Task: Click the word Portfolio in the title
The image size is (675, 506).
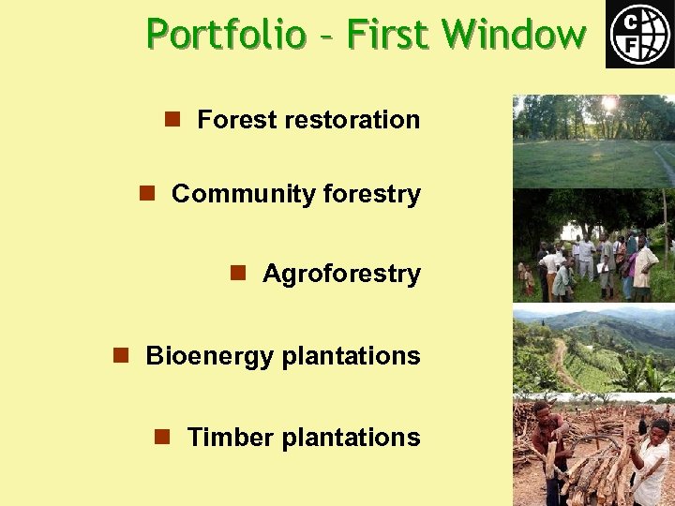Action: pyautogui.click(x=226, y=35)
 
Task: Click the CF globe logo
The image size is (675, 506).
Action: pyautogui.click(x=639, y=34)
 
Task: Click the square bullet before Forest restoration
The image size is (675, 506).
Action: pyautogui.click(x=172, y=119)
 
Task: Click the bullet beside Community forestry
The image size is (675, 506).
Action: pyautogui.click(x=147, y=193)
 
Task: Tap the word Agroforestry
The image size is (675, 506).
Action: pyautogui.click(x=341, y=274)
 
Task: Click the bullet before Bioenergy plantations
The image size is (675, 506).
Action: pyautogui.click(x=121, y=355)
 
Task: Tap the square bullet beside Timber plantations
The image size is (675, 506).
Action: pyautogui.click(x=162, y=437)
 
